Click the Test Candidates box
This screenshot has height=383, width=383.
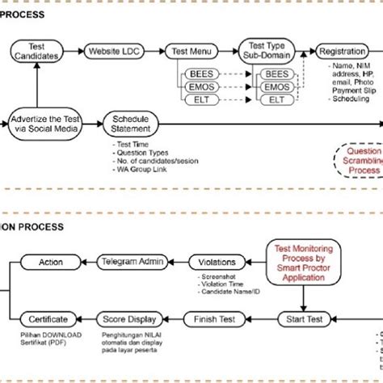tap(41, 51)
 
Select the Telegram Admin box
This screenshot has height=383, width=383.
tap(133, 262)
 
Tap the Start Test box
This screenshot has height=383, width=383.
tap(304, 319)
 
